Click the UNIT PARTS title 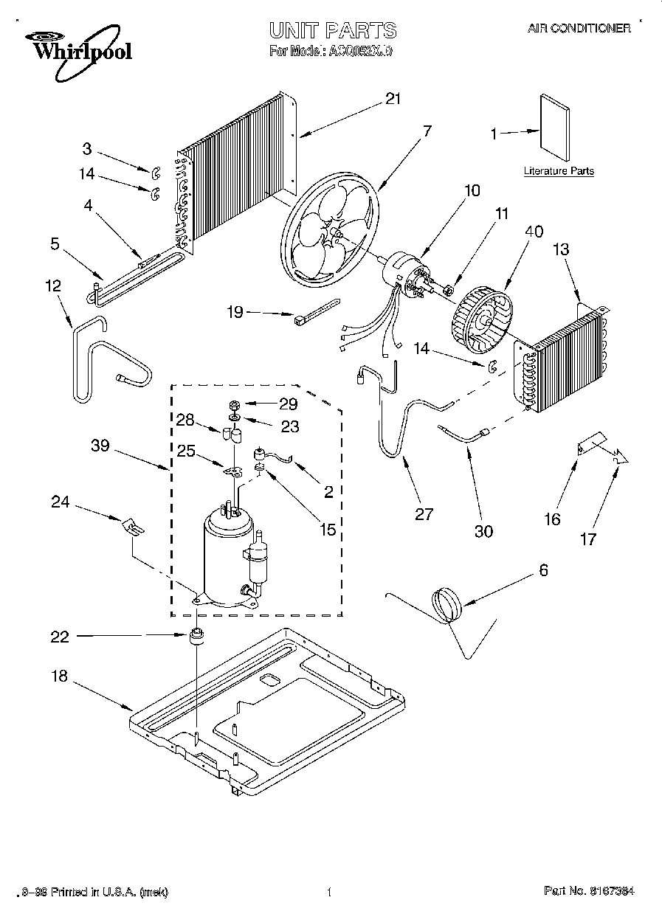333,30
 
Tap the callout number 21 393,98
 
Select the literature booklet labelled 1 555,127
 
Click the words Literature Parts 559,171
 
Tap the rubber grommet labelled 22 197,637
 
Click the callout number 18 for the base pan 60,677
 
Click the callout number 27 424,514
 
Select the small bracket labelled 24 134,526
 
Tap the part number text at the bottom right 589,892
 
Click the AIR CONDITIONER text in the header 579,29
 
